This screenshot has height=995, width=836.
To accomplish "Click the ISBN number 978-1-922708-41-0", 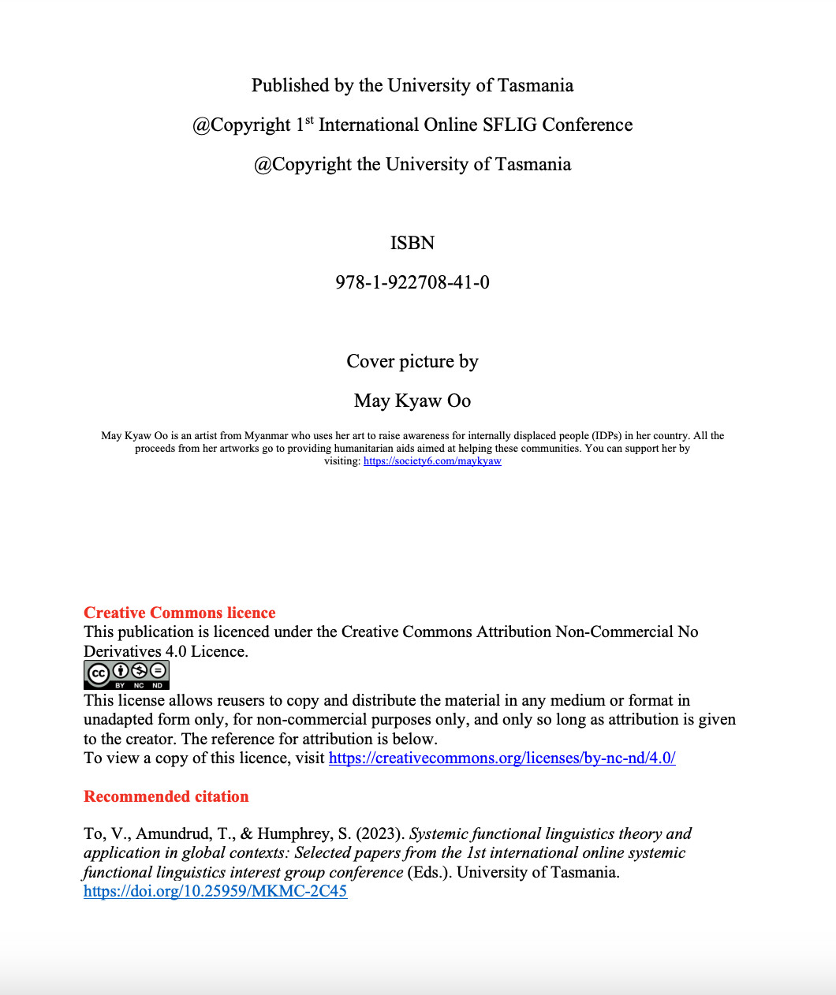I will pos(412,282).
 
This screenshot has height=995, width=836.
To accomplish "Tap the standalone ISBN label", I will pos(412,243).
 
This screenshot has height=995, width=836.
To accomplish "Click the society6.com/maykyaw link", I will pos(432,461).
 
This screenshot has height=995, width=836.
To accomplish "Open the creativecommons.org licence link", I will pos(502,758).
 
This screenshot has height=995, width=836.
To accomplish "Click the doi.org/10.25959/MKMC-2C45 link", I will pos(215,892).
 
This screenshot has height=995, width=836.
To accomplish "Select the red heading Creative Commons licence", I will pos(180,613).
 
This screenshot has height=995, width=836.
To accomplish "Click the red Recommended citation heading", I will pos(166,796).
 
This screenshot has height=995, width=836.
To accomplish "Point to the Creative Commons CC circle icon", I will pos(98,674).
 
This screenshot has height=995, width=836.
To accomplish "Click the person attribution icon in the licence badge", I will pos(120,671).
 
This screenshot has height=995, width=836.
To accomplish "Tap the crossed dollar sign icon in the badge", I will pos(139,671).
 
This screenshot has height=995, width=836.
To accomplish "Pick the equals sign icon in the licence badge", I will pos(158,671).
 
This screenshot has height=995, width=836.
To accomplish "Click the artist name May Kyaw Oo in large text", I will pos(412,401).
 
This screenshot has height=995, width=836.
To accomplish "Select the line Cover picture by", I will pos(412,361).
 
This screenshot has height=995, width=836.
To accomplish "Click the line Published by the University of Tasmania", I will pos(412,85).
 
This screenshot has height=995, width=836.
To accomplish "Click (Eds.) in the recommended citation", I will pos(429,873).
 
